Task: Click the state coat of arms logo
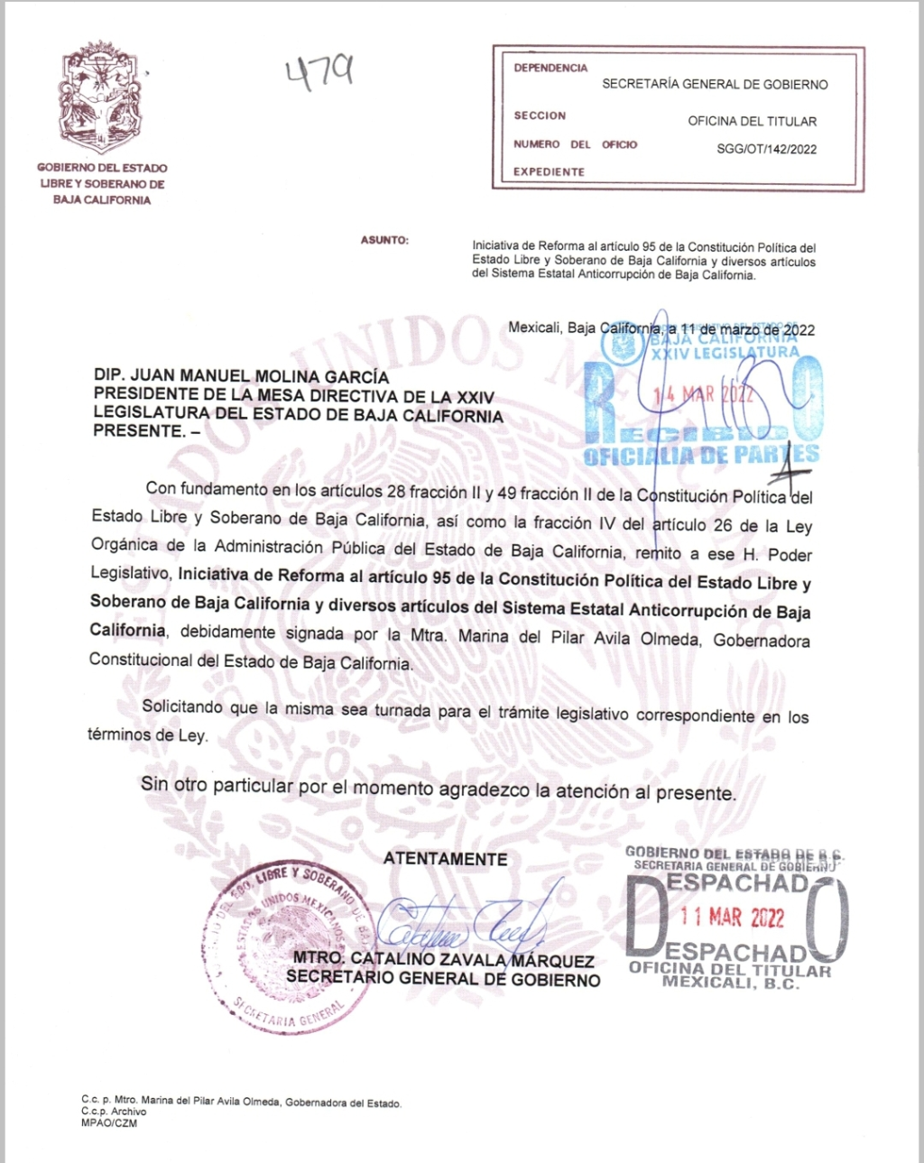(x=101, y=97)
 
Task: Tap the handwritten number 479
(x=319, y=73)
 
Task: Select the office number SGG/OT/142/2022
(x=766, y=150)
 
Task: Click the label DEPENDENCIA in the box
(x=550, y=68)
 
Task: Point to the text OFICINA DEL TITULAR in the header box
(x=752, y=121)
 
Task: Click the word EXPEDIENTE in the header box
(x=549, y=171)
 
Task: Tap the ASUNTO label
(x=384, y=240)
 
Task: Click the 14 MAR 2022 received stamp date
(x=705, y=393)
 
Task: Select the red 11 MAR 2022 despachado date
(x=732, y=918)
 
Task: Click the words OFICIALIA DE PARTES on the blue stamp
(x=701, y=455)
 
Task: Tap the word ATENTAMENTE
(x=445, y=859)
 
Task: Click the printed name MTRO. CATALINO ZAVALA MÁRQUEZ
(x=443, y=960)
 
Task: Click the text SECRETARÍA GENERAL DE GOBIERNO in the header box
(x=715, y=84)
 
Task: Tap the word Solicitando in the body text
(x=181, y=706)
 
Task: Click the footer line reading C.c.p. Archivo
(x=114, y=1112)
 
